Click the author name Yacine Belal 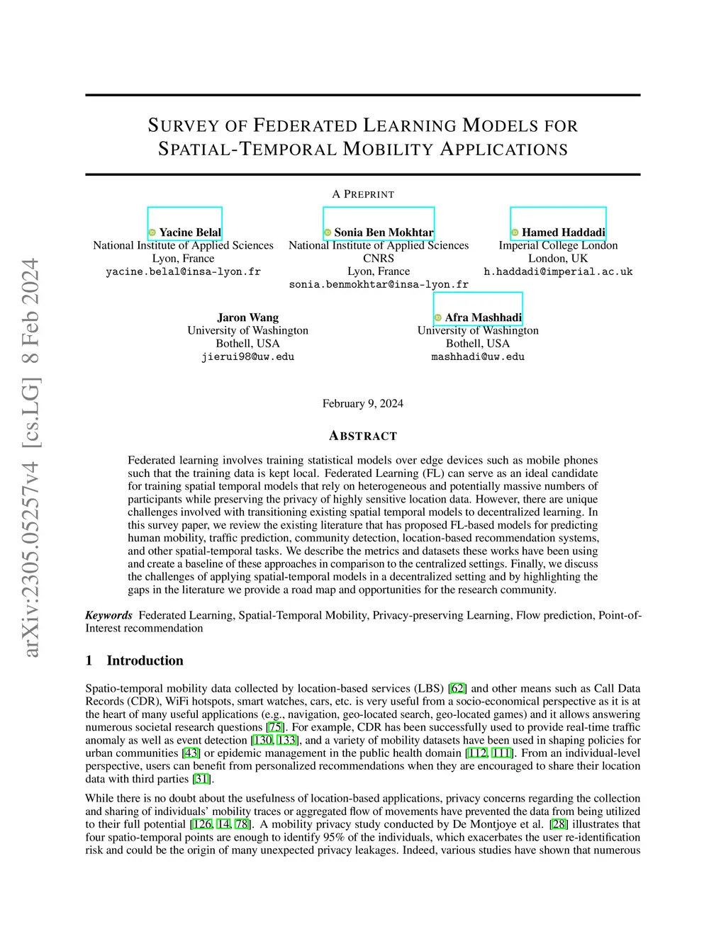(x=190, y=232)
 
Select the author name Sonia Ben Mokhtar (x=384, y=232)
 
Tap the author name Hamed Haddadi (x=564, y=232)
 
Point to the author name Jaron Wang (x=247, y=317)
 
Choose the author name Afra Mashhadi (x=483, y=317)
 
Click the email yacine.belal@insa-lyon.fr (x=183, y=271)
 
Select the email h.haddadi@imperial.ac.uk (x=558, y=271)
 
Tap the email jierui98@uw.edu (x=247, y=356)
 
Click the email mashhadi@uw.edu (x=478, y=356)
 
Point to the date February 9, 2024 (x=362, y=403)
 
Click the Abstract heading (x=363, y=436)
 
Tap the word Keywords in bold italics (x=108, y=615)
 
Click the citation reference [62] (x=458, y=688)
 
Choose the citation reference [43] (x=191, y=753)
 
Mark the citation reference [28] (x=559, y=824)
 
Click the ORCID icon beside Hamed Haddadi (x=515, y=232)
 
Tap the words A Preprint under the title (x=363, y=194)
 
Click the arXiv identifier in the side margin (x=30, y=457)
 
